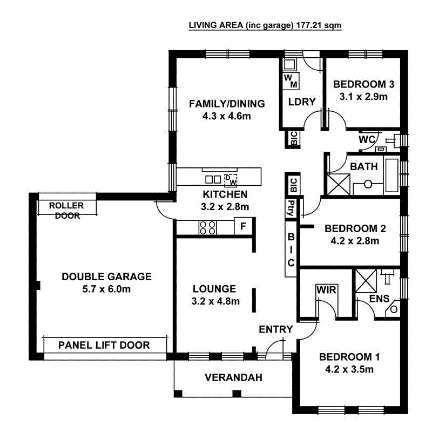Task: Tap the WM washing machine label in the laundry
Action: [x=291, y=81]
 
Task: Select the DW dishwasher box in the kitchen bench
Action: [x=231, y=179]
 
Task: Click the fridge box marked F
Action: [x=243, y=226]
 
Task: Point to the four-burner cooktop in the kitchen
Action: [x=207, y=227]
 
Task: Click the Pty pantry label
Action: [x=291, y=208]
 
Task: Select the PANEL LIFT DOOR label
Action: [x=104, y=345]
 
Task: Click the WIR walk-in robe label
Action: [x=326, y=290]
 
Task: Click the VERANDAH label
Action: [x=233, y=377]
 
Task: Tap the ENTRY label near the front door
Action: [x=275, y=329]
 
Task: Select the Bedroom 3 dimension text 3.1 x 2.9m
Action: [x=363, y=97]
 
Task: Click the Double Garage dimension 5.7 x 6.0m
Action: [x=106, y=289]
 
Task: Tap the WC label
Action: [x=367, y=139]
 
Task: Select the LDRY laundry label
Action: [x=301, y=102]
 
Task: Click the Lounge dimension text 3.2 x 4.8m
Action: [x=214, y=301]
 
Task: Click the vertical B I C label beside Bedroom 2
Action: [x=291, y=249]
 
